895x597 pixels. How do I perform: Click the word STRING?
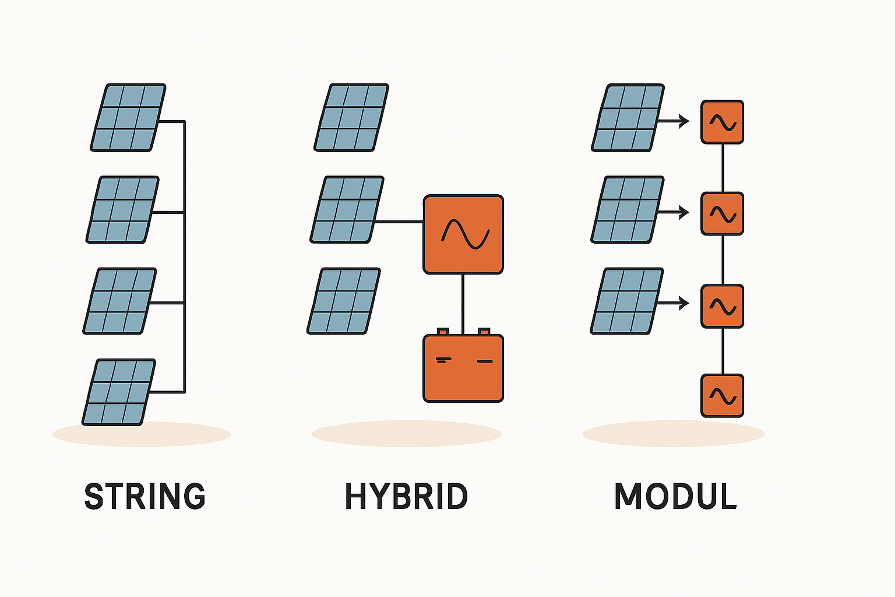145,497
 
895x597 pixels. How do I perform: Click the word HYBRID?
406,497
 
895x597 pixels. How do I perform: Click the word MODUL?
675,497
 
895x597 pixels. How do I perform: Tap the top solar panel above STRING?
128,118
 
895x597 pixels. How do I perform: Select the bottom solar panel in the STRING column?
119,392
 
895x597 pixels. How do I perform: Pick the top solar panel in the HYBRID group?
351,118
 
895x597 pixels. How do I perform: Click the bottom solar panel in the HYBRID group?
344,301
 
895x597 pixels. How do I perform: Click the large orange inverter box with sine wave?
463,234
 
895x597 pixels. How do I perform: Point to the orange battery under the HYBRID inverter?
463,368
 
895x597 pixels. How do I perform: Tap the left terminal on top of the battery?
443,332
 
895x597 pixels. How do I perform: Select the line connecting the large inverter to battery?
463,303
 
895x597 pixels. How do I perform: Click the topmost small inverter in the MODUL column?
723,122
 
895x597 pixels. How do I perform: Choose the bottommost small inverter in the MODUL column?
723,396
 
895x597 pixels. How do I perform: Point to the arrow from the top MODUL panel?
675,121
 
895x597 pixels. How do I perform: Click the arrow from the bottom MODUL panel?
675,303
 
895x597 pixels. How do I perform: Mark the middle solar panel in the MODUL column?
628,210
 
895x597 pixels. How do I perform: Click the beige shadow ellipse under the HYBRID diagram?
406,434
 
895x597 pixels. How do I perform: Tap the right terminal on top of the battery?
484,332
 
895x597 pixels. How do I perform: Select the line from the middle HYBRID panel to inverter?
399,222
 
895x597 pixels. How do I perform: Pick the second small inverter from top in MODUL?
723,214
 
